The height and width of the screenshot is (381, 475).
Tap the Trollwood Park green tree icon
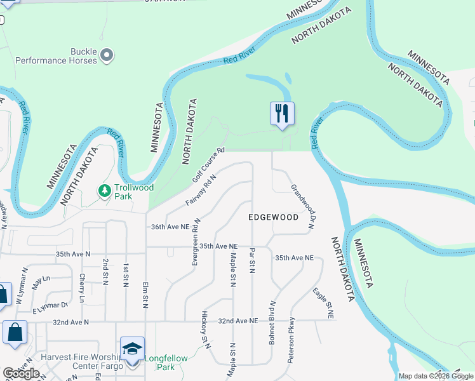pos(105,190)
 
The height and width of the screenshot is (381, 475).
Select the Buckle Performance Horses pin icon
pos(107,56)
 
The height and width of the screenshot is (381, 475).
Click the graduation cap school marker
pos(132,349)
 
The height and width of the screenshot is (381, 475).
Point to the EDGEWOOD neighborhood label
pos(273,217)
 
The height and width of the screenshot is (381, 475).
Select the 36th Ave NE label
pos(170,227)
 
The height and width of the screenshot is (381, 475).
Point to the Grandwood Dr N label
pos(304,206)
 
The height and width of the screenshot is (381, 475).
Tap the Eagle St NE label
pos(323,303)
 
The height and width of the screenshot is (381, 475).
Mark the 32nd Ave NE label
pos(237,321)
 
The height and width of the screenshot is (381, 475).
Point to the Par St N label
pos(252,261)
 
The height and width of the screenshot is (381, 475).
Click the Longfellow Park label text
pos(166,363)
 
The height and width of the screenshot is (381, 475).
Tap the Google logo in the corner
pos(21,373)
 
